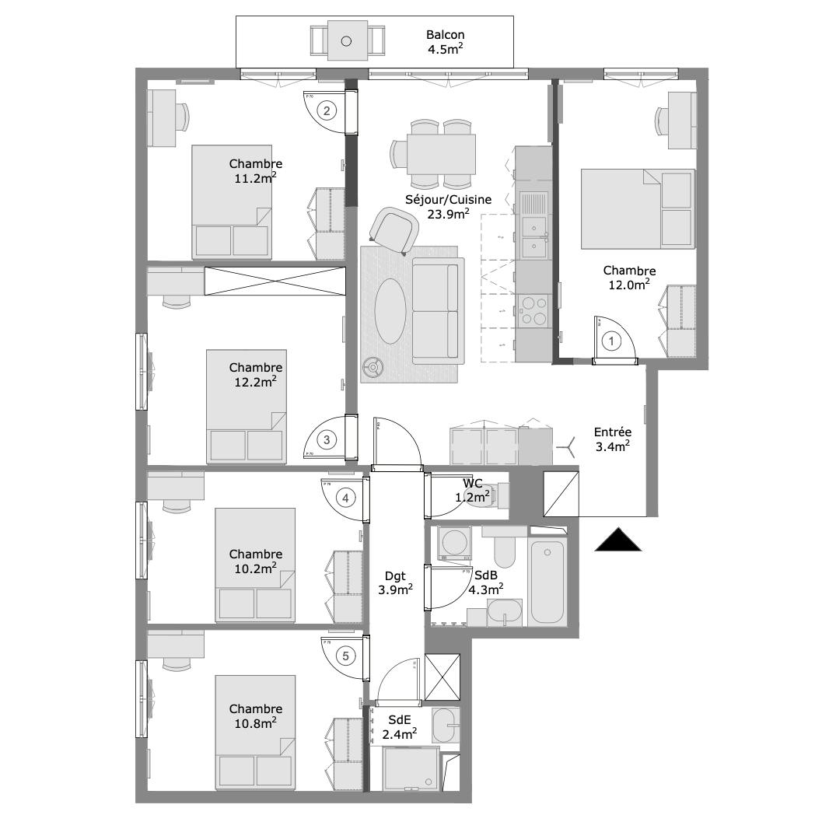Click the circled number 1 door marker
612,341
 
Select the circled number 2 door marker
327,110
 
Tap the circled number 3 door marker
327,439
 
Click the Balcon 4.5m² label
445,42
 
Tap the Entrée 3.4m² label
612,439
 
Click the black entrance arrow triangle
618,540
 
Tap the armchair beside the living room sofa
394,229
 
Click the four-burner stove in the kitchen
533,310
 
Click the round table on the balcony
346,40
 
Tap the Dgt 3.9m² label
395,582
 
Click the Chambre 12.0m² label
628,278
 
